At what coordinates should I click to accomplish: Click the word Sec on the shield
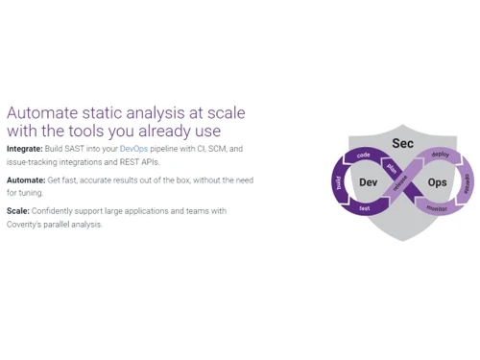point(402,143)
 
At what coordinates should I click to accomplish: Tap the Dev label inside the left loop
point(368,182)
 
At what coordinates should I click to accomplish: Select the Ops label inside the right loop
point(437,182)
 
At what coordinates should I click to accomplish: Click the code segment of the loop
point(364,155)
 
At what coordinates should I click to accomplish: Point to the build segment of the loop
point(338,182)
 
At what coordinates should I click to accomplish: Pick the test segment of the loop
point(365,208)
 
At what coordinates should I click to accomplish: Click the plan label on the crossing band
point(392,167)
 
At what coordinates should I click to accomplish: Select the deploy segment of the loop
point(440,155)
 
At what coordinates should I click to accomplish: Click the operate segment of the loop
point(467,182)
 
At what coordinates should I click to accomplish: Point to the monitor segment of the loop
point(436,208)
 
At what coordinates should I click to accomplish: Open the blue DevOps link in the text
point(133,149)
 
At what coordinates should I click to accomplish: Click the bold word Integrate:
point(24,149)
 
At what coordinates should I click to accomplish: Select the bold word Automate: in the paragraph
point(26,180)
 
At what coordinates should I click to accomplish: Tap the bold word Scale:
point(17,210)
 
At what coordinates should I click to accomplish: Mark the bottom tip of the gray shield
point(402,240)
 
